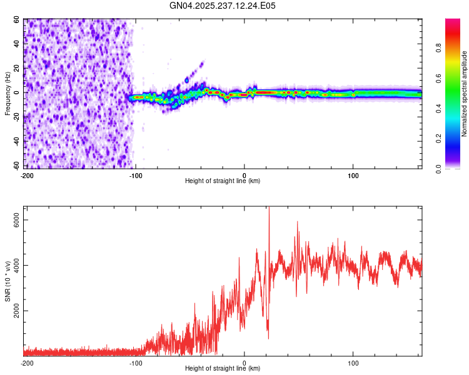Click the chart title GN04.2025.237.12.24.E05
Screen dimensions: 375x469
coord(223,6)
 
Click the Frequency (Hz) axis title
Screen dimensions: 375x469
coord(8,94)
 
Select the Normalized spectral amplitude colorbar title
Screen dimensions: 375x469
coord(465,94)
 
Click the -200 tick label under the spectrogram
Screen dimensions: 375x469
coord(27,175)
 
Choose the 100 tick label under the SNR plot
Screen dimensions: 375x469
coord(353,362)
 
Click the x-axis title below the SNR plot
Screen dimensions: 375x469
coord(223,369)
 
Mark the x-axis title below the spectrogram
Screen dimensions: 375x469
coord(223,181)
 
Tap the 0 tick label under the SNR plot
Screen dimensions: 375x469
coord(245,362)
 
